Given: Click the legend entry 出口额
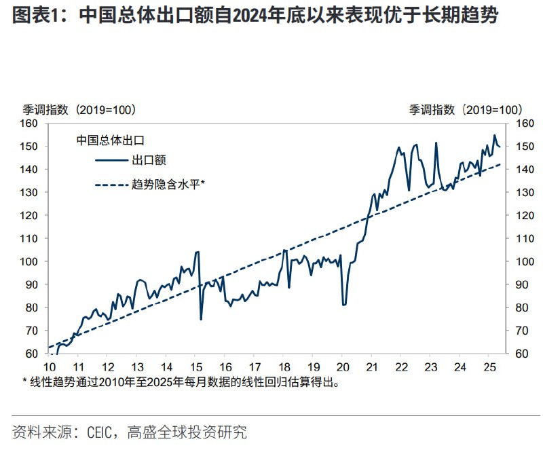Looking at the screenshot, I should [149, 160].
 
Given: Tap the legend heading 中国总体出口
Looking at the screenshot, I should [110, 140].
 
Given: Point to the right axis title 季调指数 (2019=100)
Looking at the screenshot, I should [465, 109].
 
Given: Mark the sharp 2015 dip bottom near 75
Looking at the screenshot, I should [201, 319].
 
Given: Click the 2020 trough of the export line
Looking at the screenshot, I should [344, 305].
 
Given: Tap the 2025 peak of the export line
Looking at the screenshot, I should [494, 136].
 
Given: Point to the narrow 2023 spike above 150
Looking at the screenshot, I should [436, 143].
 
